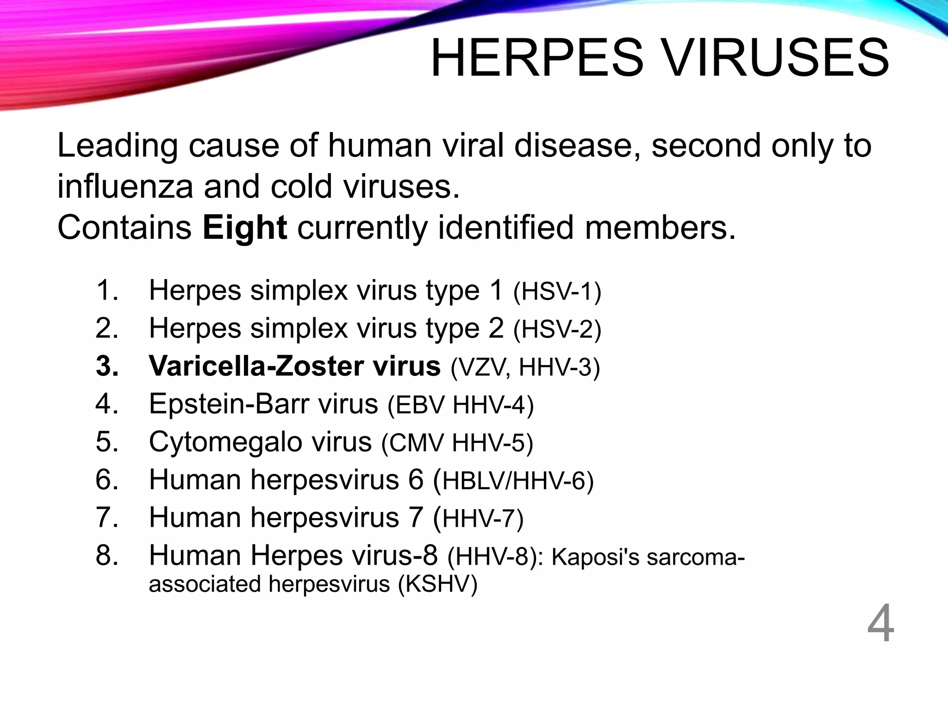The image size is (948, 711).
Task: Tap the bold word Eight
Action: (244, 228)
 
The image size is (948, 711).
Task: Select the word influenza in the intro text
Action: (125, 187)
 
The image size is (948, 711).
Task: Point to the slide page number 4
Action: (880, 624)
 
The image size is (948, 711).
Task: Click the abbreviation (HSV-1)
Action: (557, 292)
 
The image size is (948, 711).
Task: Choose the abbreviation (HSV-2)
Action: (557, 330)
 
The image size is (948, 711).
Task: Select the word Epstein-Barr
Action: (229, 404)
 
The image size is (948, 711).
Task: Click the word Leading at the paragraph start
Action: (117, 146)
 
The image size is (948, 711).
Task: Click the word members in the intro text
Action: (660, 228)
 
